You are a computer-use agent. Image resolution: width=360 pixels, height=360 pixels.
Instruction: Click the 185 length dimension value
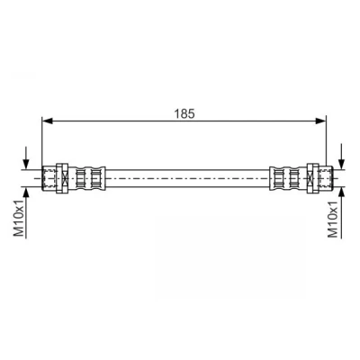[x=184, y=113]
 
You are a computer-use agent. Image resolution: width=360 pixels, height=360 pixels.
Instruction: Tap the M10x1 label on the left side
[x=19, y=218]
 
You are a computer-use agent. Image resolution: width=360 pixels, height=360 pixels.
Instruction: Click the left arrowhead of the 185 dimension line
[x=48, y=121]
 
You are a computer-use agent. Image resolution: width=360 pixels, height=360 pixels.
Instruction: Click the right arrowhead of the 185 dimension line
[x=320, y=121]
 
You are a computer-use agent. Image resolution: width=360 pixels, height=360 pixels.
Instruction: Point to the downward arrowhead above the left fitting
[x=26, y=164]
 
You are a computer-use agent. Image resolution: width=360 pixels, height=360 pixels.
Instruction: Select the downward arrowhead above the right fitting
[x=341, y=164]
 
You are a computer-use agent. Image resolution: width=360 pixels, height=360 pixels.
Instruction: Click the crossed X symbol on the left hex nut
[x=65, y=178]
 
